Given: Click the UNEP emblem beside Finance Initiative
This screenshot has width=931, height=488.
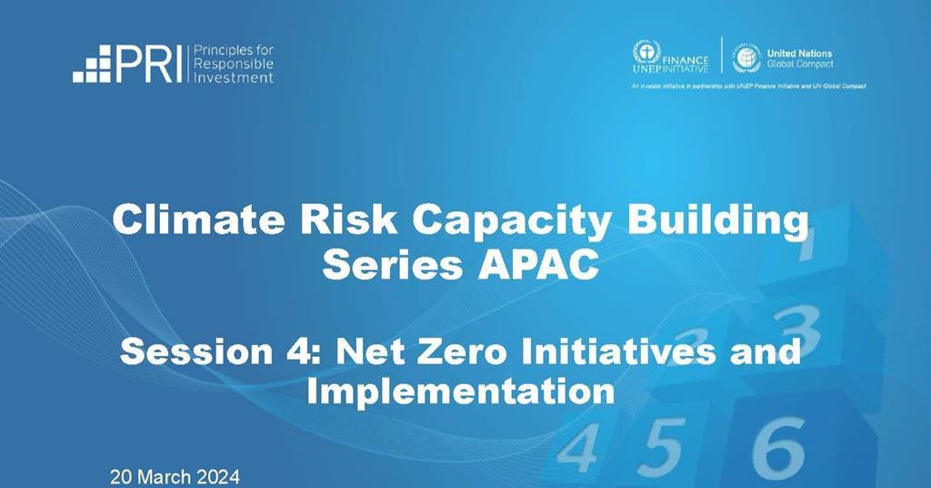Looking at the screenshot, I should pyautogui.click(x=646, y=52).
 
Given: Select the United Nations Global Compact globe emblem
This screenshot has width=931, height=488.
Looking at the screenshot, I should pyautogui.click(x=746, y=56).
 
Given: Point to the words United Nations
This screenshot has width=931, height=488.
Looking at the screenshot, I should pyautogui.click(x=799, y=54).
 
